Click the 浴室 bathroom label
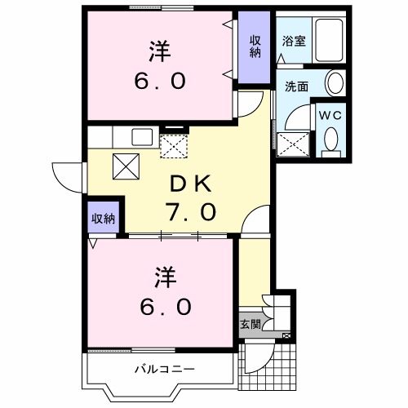coord(295,40)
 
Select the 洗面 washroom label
coord(295,84)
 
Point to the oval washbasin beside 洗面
coord(335,83)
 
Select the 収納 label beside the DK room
coord(103,218)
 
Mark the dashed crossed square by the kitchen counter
coord(173,145)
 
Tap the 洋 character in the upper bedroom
coord(160,50)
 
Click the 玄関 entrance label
coord(250,324)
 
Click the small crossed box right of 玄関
coord(286,335)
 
